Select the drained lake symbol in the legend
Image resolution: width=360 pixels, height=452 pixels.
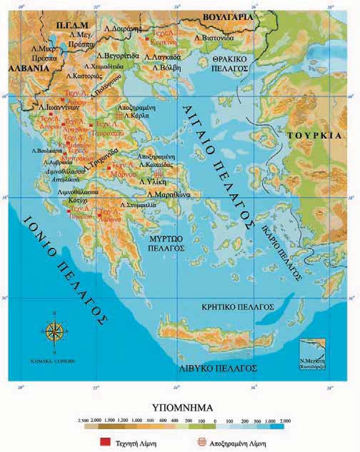point(201,442)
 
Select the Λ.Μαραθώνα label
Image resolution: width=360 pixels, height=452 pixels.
point(169,194)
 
